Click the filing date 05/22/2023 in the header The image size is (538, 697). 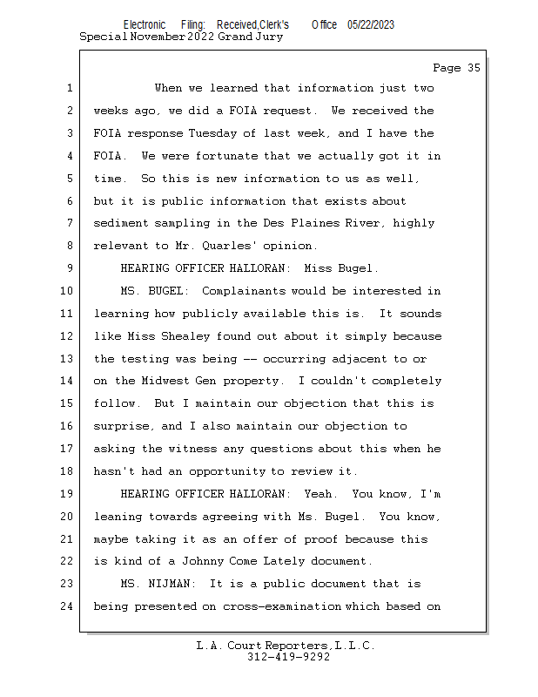tap(370, 25)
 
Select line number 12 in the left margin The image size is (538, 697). tap(68, 335)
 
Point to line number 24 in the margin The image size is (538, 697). tap(68, 606)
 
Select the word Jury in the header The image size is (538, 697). tap(268, 37)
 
